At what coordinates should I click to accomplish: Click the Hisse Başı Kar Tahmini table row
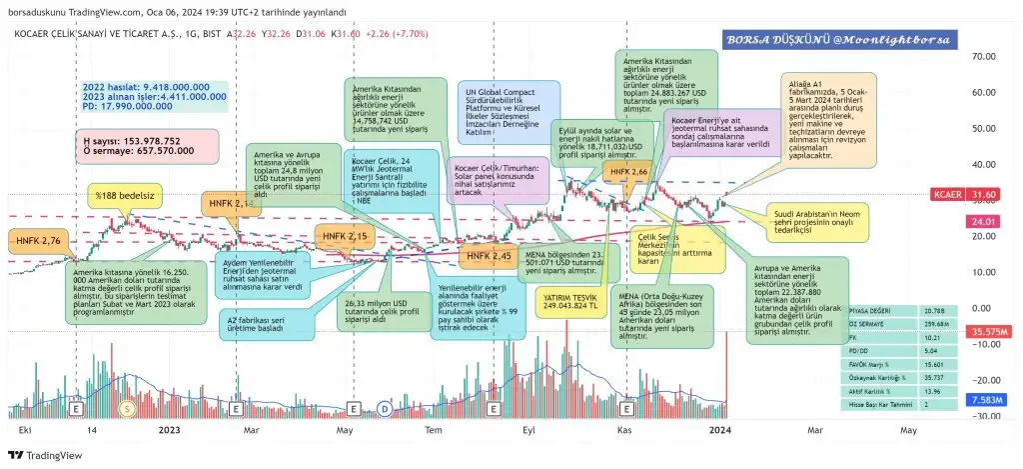(879, 404)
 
